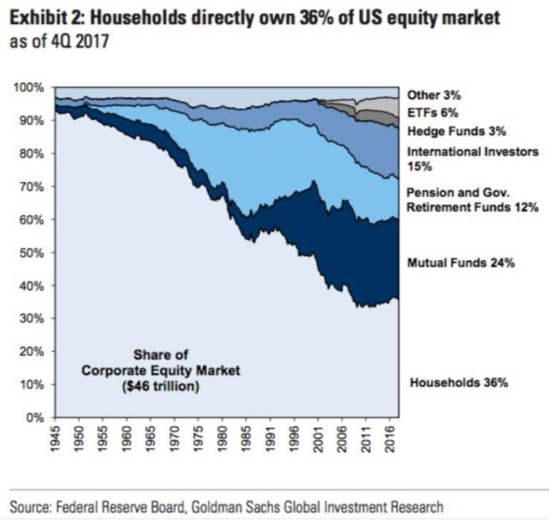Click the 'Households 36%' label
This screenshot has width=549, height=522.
pyautogui.click(x=458, y=383)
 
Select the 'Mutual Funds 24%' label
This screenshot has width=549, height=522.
pyautogui.click(x=461, y=263)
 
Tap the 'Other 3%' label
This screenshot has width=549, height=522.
pyautogui.click(x=434, y=94)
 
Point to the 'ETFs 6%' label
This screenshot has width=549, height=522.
pyautogui.click(x=432, y=113)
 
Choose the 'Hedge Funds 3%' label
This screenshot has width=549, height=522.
pyautogui.click(x=456, y=131)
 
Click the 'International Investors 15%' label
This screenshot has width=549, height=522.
pyautogui.click(x=473, y=159)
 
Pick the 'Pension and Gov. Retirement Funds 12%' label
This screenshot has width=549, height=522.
pyautogui.click(x=473, y=201)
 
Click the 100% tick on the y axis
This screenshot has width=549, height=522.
pyautogui.click(x=31, y=88)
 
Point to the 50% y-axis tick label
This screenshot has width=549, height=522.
pyautogui.click(x=34, y=253)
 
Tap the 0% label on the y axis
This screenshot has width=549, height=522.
pyautogui.click(x=36, y=418)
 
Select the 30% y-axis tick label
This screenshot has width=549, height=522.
pyautogui.click(x=34, y=319)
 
